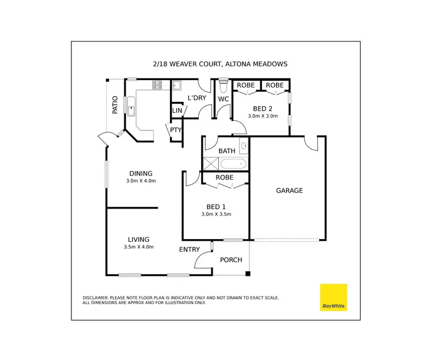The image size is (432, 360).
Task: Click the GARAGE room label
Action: tap(289, 191)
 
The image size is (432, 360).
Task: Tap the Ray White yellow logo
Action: tap(334, 298)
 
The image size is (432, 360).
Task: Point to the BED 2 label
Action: tap(263, 108)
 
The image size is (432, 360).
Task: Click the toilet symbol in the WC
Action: tap(223, 87)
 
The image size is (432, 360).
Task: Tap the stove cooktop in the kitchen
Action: tap(157, 85)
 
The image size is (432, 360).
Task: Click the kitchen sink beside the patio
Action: tap(131, 107)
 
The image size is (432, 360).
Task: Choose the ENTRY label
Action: tap(190, 249)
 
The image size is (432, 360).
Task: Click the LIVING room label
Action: tap(139, 240)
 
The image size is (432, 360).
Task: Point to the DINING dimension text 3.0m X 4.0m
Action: tap(141, 181)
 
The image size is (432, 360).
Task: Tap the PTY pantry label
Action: tap(176, 130)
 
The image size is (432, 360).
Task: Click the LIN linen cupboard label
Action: tap(177, 110)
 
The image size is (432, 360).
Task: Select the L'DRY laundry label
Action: tap(196, 98)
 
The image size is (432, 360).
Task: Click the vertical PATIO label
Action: tap(115, 105)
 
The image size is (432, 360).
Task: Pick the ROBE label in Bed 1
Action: tap(225, 177)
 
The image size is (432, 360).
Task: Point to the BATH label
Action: tap(226, 151)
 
